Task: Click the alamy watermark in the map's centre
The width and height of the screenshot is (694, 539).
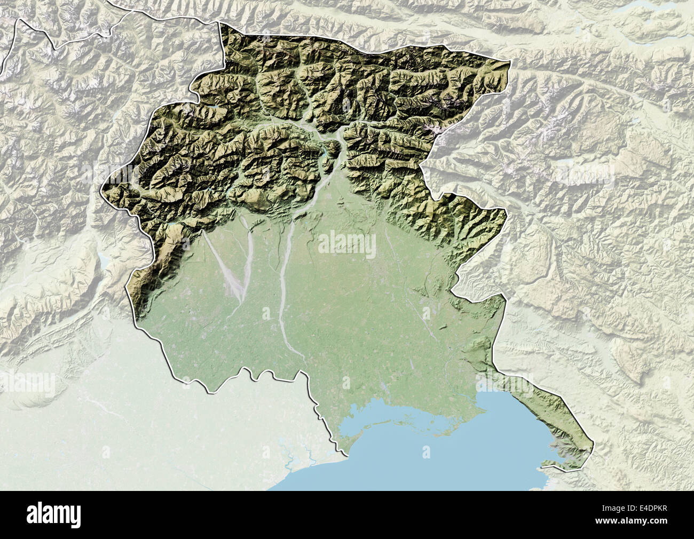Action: coord(347,242)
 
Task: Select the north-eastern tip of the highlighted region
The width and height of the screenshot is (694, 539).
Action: coord(510,62)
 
